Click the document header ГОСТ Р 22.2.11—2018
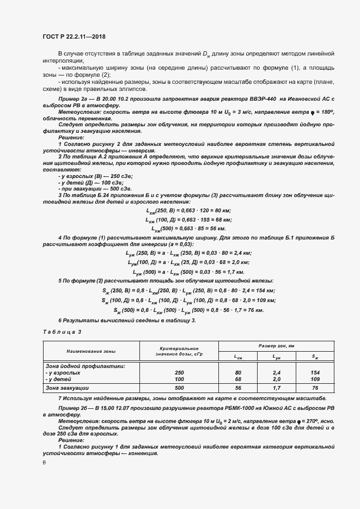coord(74,36)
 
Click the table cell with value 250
coord(179,373)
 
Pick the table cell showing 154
coord(315,373)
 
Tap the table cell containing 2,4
coord(277,373)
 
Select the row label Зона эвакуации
coord(75,388)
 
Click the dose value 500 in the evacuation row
coord(179,388)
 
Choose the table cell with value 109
coord(315,379)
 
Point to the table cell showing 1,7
coord(277,388)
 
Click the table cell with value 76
coord(315,388)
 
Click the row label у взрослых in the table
coord(63,373)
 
